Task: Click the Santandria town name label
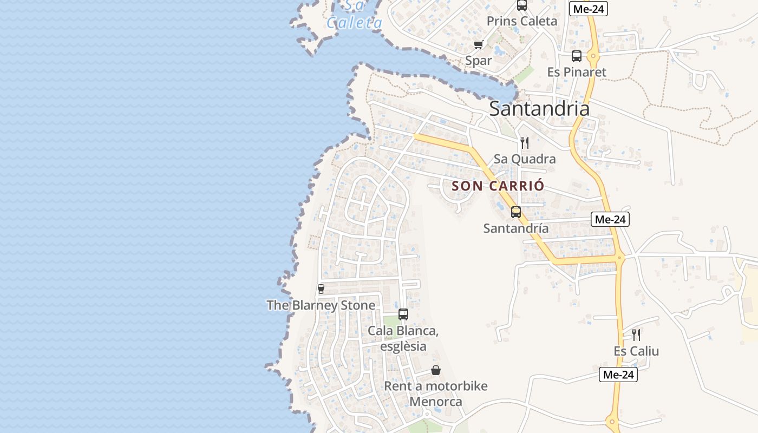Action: [x=539, y=109]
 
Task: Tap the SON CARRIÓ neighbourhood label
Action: [x=498, y=186]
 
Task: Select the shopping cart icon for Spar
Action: [x=478, y=45]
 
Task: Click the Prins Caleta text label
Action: [x=521, y=21]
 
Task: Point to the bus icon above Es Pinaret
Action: [x=577, y=56]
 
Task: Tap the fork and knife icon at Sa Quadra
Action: [x=524, y=143]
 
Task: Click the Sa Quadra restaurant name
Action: [x=524, y=159]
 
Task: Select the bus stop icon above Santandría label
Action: [x=516, y=212]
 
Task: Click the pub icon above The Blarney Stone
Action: [x=321, y=289]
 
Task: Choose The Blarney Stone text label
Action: [x=321, y=305]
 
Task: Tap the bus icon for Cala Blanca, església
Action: [x=403, y=314]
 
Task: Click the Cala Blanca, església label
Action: [x=403, y=338]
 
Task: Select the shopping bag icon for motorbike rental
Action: [x=436, y=370]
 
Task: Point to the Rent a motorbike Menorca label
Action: [x=435, y=394]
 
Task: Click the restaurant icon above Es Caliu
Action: [x=636, y=335]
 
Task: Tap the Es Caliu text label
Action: [x=636, y=351]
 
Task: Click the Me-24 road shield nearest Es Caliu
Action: [x=618, y=375]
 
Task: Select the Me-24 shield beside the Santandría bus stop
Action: [x=610, y=219]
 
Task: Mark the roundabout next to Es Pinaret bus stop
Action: [x=593, y=56]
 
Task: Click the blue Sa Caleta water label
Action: [x=355, y=15]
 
